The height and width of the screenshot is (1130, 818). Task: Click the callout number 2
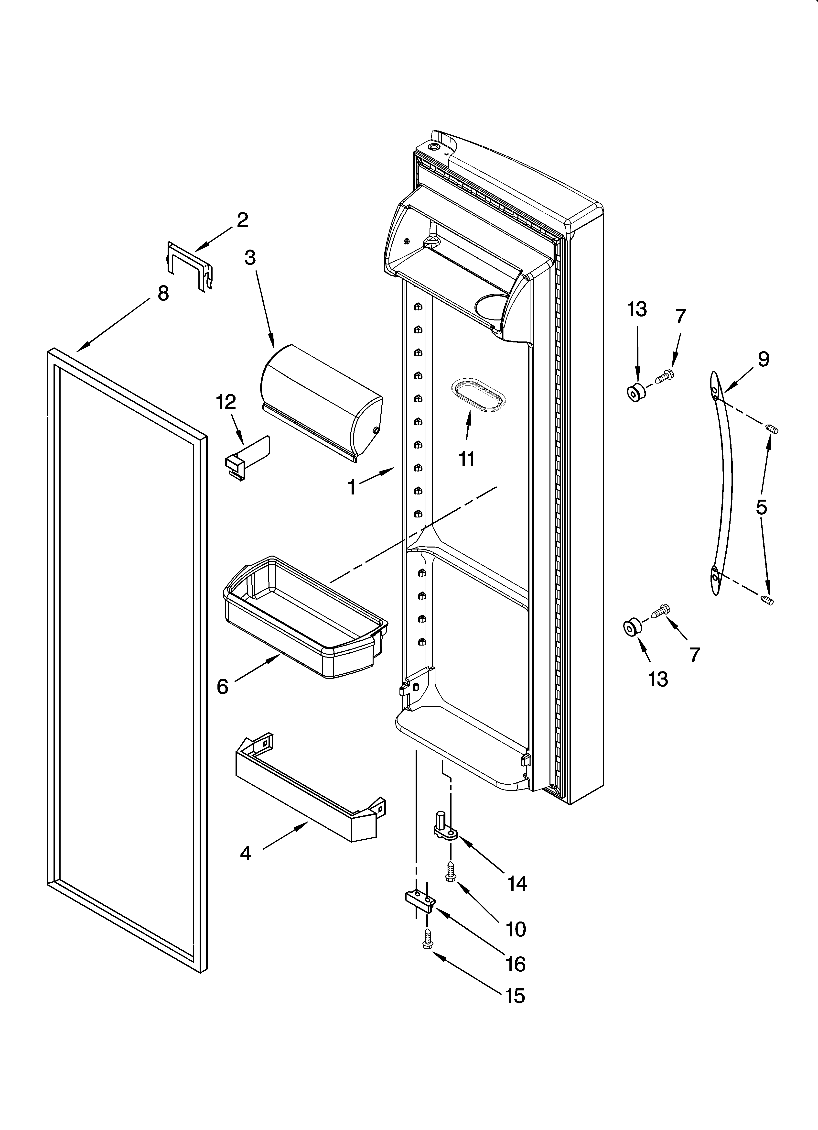[242, 220]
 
